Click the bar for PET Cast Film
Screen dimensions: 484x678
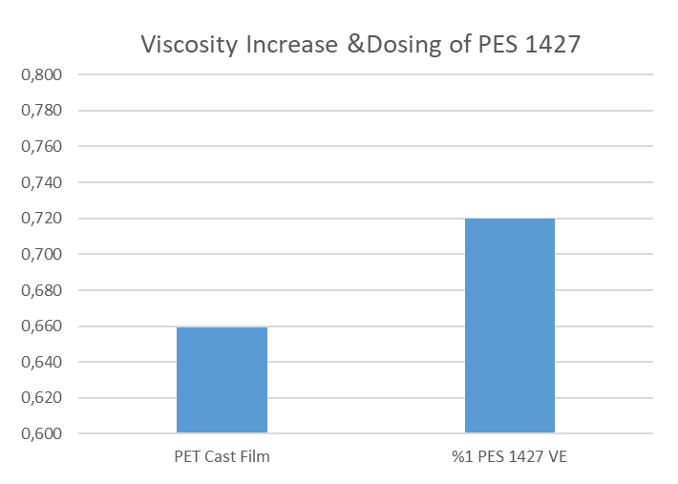click(222, 380)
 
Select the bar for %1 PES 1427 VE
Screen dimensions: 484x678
click(509, 326)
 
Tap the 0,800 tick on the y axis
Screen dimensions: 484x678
click(42, 74)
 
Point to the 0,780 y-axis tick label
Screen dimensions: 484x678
click(42, 111)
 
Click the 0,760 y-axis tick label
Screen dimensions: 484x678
click(42, 147)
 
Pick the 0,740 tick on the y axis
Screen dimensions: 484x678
click(42, 182)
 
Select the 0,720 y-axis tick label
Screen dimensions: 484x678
click(42, 219)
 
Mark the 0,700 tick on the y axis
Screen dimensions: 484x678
click(42, 255)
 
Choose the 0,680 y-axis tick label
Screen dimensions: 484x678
click(42, 290)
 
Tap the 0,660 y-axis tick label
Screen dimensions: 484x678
click(42, 326)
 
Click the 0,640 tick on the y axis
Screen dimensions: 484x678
click(42, 363)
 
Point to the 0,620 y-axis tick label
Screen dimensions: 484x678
click(42, 398)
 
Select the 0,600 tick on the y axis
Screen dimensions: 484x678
click(42, 434)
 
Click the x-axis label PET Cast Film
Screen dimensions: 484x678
click(222, 456)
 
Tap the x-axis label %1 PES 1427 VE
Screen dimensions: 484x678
click(509, 456)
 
